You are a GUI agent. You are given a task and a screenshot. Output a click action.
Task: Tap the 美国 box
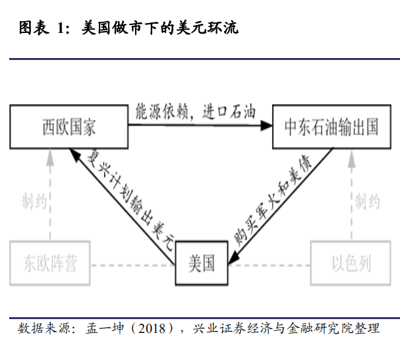pyautogui.click(x=201, y=264)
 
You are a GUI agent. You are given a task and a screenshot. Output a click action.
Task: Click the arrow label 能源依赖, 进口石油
pyautogui.click(x=195, y=109)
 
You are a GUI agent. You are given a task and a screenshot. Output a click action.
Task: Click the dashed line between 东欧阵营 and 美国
pyautogui.click(x=132, y=265)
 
